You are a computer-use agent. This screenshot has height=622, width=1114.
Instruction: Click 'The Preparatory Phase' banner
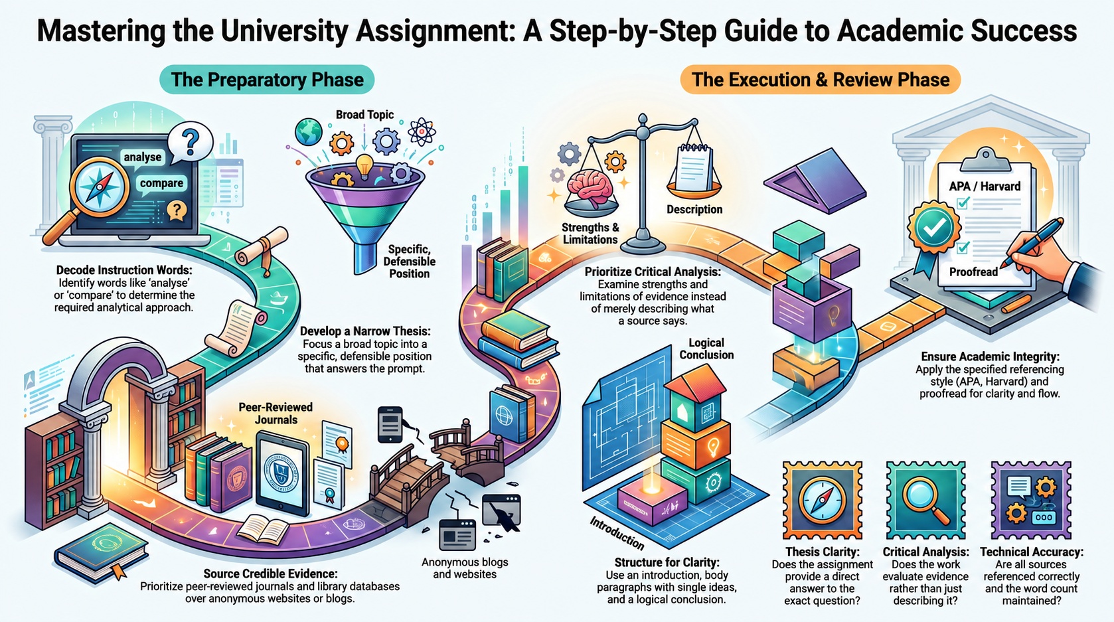267,80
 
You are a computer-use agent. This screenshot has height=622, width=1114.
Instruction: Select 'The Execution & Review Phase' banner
821,80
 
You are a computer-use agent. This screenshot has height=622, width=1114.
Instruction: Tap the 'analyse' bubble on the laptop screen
143,157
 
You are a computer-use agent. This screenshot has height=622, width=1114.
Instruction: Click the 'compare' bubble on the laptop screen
161,183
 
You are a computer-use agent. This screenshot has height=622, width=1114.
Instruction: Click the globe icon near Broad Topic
308,131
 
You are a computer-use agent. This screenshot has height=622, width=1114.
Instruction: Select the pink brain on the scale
592,187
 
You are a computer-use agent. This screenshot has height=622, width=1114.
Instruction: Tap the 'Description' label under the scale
694,209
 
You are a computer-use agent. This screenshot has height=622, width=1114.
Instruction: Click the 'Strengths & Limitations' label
590,233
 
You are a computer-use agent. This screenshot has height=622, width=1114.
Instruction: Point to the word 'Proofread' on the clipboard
973,272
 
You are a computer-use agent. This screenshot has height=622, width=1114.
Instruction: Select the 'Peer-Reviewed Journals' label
276,413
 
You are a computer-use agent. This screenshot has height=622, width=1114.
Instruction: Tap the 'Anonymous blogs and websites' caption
465,568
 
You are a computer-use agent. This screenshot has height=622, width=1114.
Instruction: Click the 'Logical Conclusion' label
706,349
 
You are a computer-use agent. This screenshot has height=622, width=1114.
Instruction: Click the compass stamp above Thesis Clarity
822,500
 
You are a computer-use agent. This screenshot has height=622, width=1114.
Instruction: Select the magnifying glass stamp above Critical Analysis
925,500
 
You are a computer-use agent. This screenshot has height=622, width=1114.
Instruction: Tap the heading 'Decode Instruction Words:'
124,270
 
